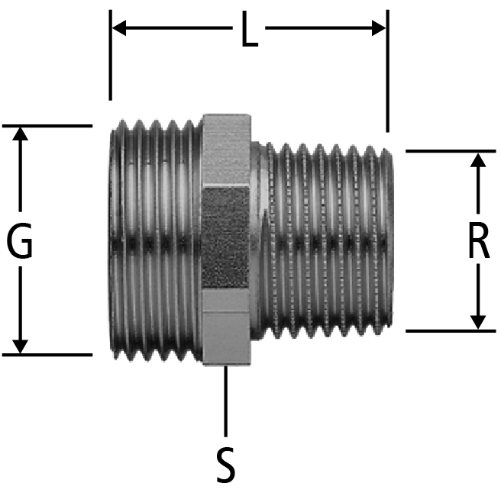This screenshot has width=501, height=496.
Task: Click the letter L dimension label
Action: click(x=250, y=29)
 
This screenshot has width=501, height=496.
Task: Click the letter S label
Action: click(x=226, y=465)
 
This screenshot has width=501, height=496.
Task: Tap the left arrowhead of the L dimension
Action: click(x=119, y=28)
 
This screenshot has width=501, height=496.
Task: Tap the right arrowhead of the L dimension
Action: click(x=379, y=28)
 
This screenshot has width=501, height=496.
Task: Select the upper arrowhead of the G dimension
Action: click(x=20, y=134)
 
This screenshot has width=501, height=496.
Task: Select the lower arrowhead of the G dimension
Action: click(x=20, y=347)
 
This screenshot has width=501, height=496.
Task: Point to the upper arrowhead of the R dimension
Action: click(x=478, y=159)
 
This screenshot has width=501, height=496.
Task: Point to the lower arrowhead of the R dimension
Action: click(x=478, y=322)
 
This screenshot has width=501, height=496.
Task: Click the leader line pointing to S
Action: click(x=226, y=401)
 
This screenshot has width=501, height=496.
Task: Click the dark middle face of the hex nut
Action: click(x=226, y=238)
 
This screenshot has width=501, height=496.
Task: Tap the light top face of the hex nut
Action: click(x=226, y=150)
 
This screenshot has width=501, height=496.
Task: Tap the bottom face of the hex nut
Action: click(x=226, y=338)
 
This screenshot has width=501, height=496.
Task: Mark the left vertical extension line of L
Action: click(x=111, y=55)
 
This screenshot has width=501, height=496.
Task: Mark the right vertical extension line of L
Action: click(x=387, y=71)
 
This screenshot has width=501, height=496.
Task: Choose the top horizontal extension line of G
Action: click(x=47, y=126)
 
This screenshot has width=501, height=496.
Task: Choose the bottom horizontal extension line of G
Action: click(x=47, y=355)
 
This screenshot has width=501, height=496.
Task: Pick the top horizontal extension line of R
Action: click(x=451, y=151)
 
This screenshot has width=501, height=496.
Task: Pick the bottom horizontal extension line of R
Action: click(x=451, y=331)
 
